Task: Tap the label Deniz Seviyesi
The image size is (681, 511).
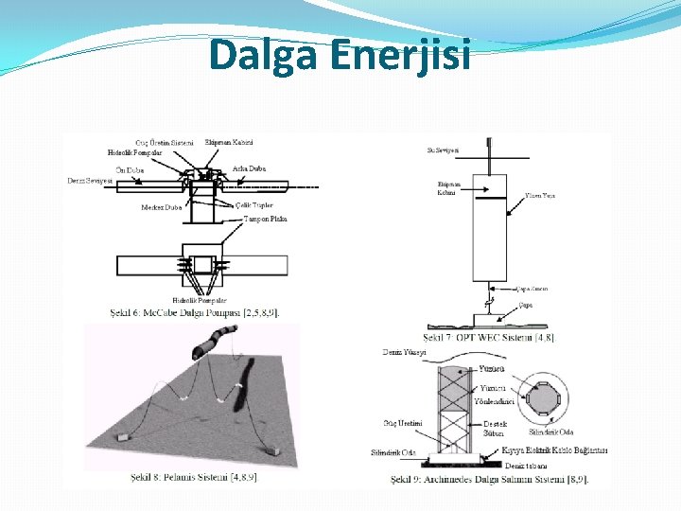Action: (x=90, y=181)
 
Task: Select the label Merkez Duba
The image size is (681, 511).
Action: (x=161, y=206)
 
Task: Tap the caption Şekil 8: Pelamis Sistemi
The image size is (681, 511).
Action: (x=195, y=476)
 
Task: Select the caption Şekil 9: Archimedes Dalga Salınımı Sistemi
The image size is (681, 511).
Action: (x=489, y=479)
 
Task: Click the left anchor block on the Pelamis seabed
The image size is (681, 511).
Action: (x=124, y=440)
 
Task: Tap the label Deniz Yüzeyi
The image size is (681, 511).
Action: (x=404, y=351)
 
